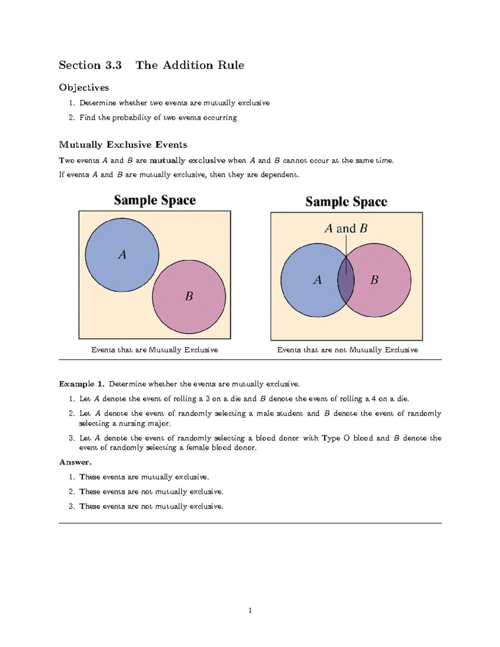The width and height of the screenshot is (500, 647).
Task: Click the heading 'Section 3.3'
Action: point(90,65)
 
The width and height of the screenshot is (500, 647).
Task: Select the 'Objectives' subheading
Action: point(84,87)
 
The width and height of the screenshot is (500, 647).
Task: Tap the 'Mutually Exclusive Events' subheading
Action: point(123,145)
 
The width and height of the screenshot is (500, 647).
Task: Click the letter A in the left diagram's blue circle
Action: point(122,255)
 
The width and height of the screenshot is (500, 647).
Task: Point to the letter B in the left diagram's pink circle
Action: point(189,296)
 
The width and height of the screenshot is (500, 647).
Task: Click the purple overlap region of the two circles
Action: point(346,280)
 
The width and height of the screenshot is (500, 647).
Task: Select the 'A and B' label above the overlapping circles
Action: point(346,228)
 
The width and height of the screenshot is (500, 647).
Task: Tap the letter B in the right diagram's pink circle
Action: point(374,280)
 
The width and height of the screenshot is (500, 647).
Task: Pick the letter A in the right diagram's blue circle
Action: point(317,280)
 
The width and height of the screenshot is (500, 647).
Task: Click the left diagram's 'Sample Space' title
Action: point(155,200)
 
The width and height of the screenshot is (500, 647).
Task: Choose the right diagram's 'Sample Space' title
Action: point(346,202)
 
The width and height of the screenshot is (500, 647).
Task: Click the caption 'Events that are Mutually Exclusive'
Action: point(155,350)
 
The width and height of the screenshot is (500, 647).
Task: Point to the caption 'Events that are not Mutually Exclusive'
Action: point(347,350)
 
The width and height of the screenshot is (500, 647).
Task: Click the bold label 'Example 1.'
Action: point(82,384)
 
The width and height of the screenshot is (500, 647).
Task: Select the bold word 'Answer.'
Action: point(75,462)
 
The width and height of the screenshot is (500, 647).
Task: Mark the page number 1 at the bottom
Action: point(250,611)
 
